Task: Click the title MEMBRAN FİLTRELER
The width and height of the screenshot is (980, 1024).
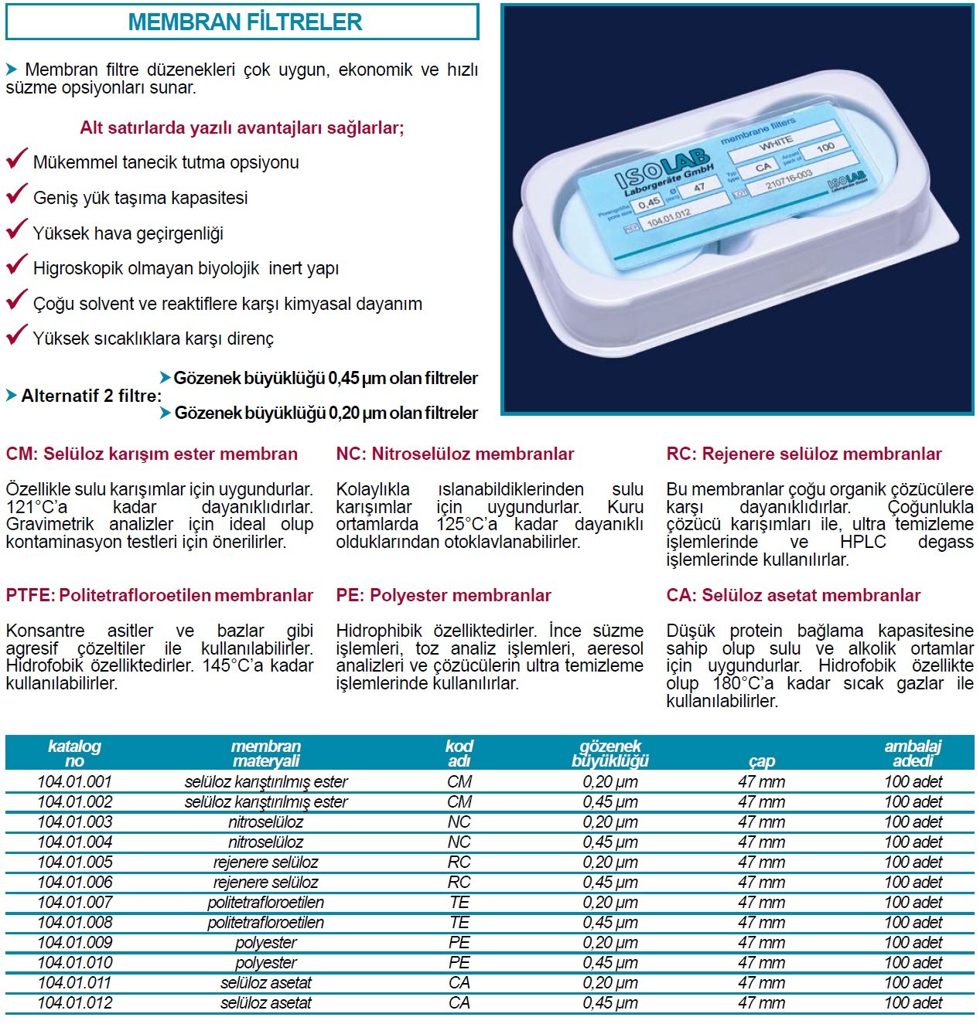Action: [x=244, y=22]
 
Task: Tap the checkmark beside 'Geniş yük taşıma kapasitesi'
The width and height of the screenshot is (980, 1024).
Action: [x=16, y=194]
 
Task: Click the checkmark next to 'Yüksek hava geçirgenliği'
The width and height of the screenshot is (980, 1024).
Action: [x=16, y=230]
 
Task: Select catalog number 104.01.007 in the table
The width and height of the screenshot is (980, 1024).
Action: [x=75, y=902]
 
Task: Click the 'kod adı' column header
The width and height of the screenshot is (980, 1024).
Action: [x=459, y=754]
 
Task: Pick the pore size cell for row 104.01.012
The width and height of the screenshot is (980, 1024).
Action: [x=610, y=1002]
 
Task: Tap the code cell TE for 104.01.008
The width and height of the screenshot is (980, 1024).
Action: [x=459, y=922]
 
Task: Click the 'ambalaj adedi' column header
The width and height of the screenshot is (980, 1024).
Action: [x=913, y=754]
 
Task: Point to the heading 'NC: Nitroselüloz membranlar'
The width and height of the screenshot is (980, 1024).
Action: [x=455, y=454]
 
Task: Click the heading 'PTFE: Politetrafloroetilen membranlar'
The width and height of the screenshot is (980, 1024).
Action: [x=159, y=595]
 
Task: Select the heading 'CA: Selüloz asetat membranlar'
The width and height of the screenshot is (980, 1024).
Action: [x=793, y=595]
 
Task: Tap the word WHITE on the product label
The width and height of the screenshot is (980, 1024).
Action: [x=776, y=143]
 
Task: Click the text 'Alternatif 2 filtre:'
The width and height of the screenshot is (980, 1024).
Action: [x=91, y=396]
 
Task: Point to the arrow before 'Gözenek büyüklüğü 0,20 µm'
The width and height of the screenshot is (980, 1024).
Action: [x=165, y=413]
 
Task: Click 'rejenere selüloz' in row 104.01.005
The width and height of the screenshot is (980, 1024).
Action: [x=265, y=862]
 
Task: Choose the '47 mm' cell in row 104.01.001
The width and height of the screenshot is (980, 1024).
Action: [x=761, y=781]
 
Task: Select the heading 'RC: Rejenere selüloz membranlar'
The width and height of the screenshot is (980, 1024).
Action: [x=804, y=454]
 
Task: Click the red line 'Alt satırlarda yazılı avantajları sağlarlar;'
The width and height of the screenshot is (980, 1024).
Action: [x=242, y=128]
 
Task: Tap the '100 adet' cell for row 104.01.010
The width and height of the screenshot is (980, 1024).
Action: [x=913, y=962]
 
